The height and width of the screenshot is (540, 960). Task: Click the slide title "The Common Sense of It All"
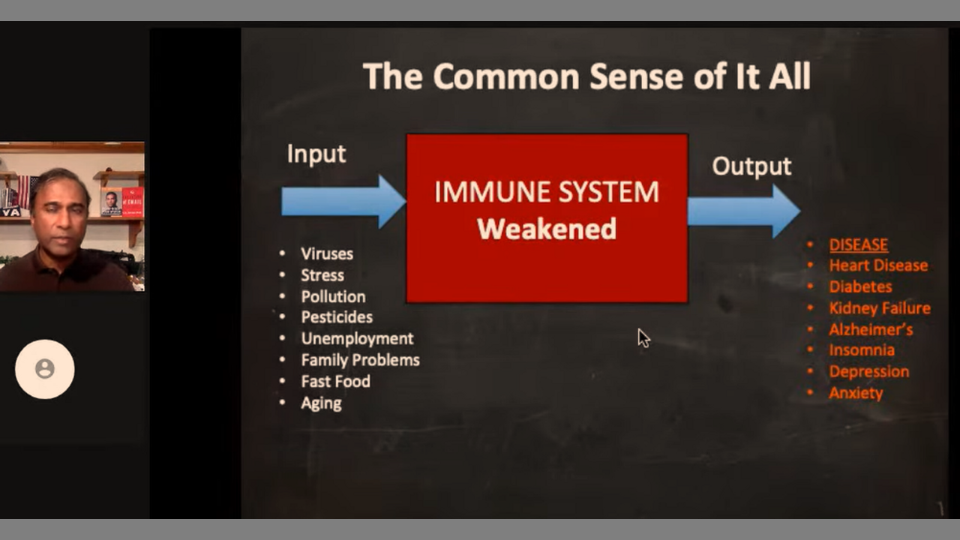(586, 76)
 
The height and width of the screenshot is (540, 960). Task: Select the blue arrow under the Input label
(343, 202)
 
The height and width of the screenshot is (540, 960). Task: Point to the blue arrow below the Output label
(744, 211)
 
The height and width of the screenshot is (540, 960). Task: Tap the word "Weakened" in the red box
(547, 229)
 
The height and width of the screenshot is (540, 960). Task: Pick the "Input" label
(316, 154)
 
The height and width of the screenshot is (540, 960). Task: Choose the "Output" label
(751, 166)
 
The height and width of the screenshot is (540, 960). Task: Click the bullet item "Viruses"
(327, 253)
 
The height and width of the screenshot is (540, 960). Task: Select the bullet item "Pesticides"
(337, 317)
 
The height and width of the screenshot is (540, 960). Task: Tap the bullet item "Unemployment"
(358, 338)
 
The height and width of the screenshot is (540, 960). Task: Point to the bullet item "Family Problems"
(361, 360)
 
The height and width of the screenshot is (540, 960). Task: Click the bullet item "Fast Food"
(335, 382)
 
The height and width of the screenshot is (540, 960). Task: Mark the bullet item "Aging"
(322, 403)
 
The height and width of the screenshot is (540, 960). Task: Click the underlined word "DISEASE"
(859, 244)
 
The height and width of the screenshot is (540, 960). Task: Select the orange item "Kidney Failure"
(880, 308)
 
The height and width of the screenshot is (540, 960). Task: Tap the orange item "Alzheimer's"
(871, 329)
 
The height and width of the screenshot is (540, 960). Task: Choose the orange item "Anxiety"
(856, 393)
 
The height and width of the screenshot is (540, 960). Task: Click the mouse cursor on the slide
(643, 338)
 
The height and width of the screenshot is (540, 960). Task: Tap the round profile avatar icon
(44, 370)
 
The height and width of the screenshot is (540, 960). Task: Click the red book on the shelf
(133, 202)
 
